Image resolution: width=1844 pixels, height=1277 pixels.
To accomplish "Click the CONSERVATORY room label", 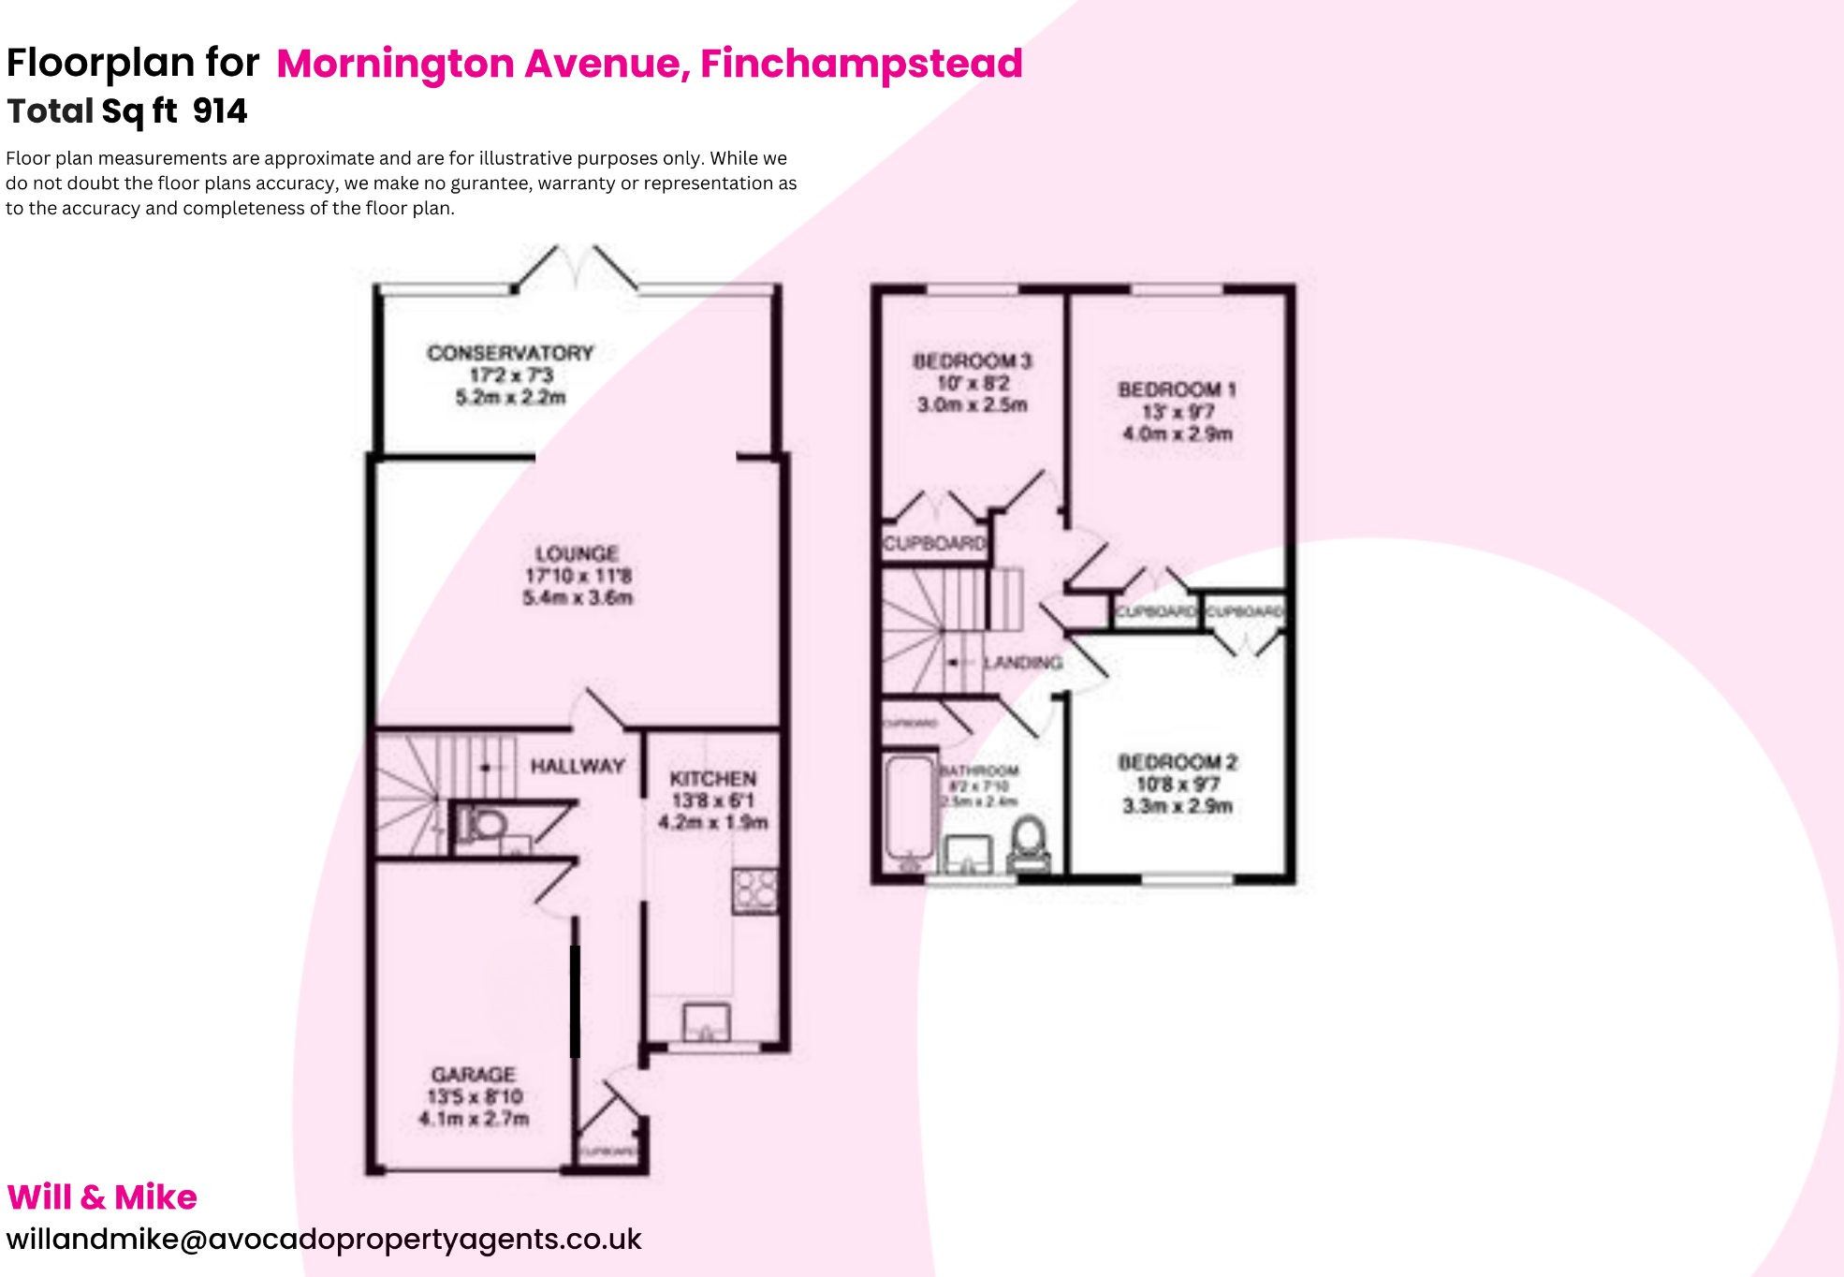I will tap(510, 353).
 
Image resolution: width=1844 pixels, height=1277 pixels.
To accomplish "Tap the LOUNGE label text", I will tap(577, 553).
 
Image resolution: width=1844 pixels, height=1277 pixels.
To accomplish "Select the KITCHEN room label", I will tap(713, 778).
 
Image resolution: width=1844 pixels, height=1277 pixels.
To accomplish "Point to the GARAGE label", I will tap(474, 1074).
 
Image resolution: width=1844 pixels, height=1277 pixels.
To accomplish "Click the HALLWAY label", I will tap(578, 766).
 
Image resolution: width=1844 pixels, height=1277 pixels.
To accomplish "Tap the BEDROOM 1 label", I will tap(1178, 389).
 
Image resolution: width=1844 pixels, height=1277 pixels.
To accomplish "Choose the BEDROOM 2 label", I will tap(1178, 762).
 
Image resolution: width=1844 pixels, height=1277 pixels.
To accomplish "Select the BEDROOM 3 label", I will tap(973, 360).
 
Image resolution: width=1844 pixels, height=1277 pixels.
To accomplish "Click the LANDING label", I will tap(1023, 662).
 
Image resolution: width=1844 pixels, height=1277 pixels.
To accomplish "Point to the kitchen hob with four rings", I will tap(755, 890).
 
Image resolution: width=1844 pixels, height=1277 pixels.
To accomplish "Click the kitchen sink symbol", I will tap(706, 1022).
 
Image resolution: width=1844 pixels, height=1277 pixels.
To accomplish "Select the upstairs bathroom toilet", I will tap(1029, 843).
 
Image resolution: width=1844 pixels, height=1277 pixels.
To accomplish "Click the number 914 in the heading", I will tap(220, 111).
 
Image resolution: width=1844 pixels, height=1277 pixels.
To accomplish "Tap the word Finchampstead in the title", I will tap(861, 64).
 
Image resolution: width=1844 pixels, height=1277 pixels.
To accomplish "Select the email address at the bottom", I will tap(324, 1239).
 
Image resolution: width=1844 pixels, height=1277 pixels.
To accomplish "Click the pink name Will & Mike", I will tap(102, 1197).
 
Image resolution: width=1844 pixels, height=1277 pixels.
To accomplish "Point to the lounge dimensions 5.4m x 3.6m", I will tap(578, 597).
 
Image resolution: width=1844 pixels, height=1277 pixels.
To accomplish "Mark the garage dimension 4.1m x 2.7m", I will tap(474, 1118).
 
